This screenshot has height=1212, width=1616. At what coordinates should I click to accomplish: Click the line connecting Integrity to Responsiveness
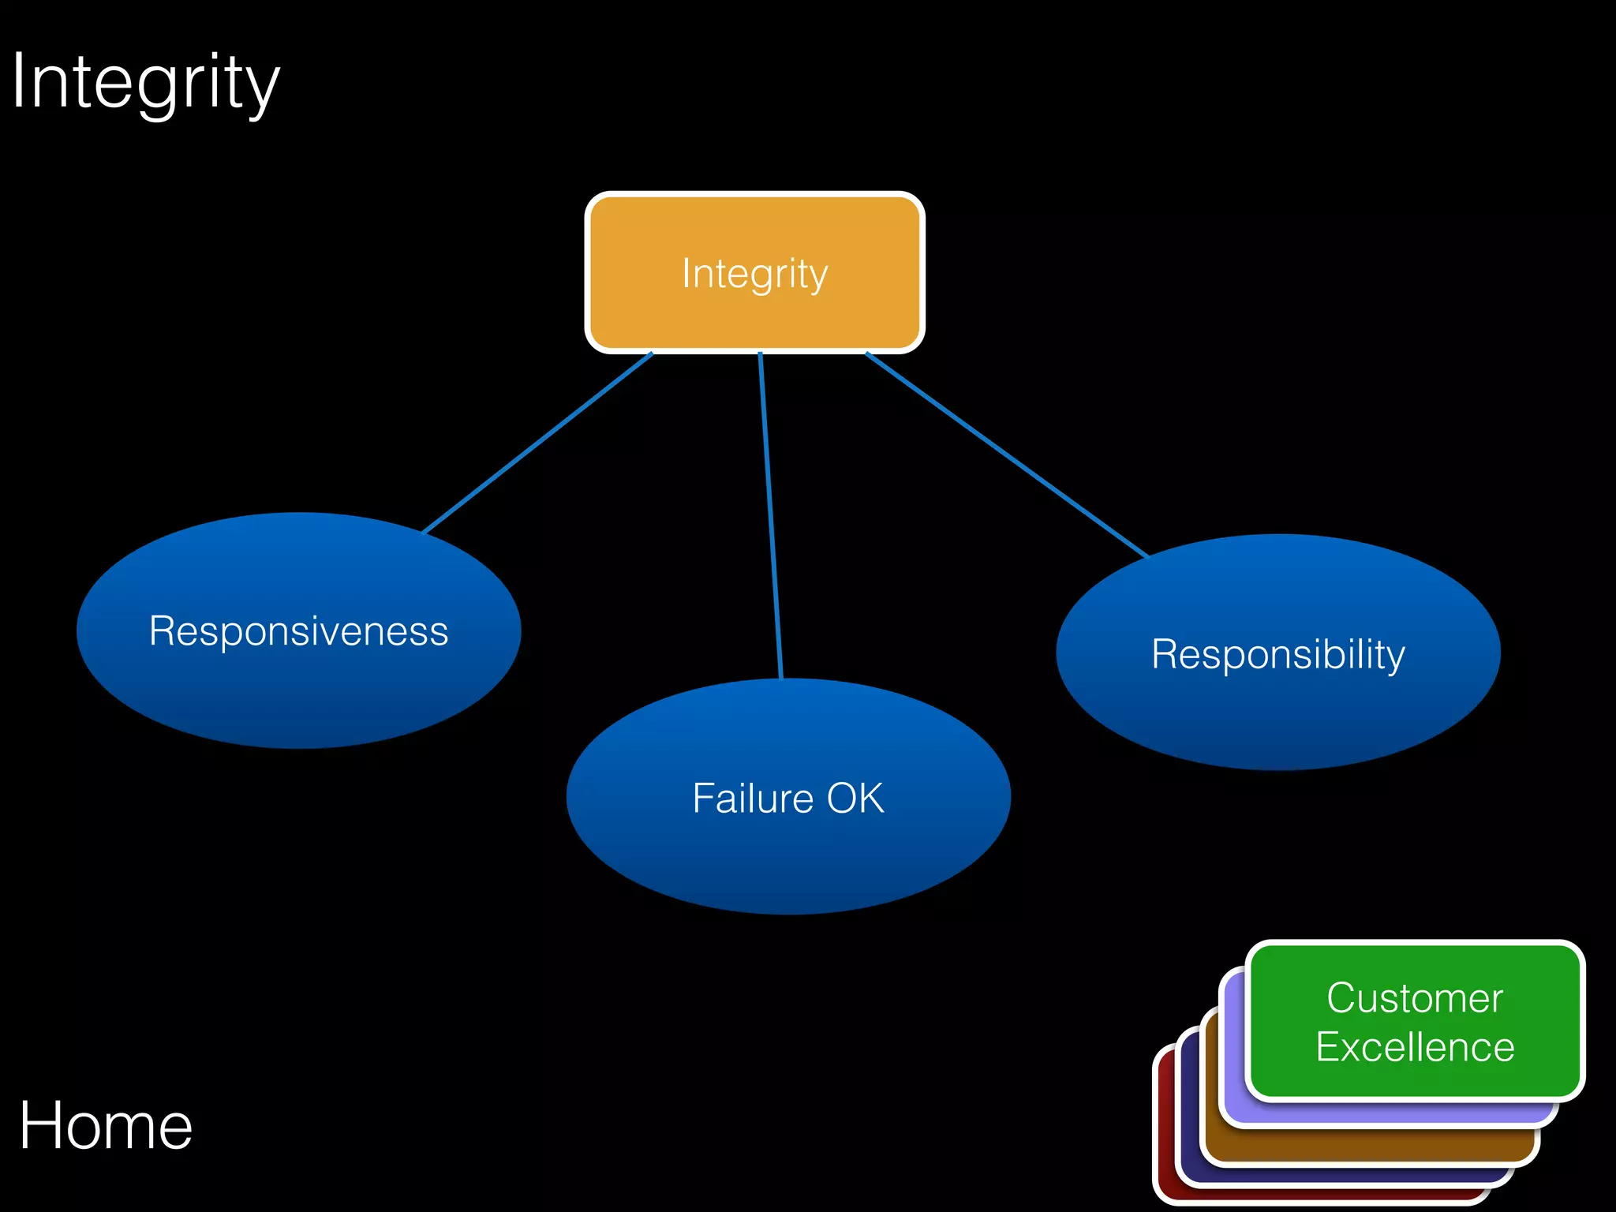click(537, 443)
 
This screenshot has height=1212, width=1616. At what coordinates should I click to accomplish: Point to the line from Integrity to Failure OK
click(770, 513)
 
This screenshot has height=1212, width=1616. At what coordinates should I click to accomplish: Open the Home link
click(106, 1126)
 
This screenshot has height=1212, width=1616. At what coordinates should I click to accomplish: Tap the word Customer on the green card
click(1415, 998)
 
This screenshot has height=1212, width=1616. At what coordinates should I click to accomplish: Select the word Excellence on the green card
click(1415, 1048)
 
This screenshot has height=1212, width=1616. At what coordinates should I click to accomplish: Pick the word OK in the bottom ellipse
click(855, 798)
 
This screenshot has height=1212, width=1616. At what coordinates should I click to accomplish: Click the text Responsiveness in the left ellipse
click(298, 631)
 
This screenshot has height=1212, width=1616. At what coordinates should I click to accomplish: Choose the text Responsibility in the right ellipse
click(1278, 654)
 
